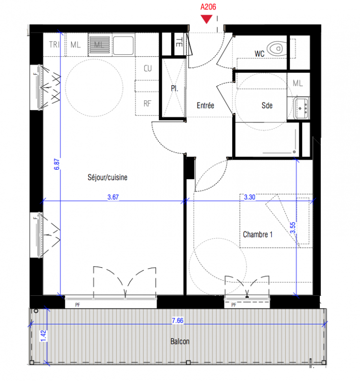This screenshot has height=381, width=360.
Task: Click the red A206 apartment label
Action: [208, 7]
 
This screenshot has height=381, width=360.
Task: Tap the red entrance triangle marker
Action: [206, 19]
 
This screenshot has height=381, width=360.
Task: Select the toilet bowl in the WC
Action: [277, 49]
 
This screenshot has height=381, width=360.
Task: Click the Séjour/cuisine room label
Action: [107, 177]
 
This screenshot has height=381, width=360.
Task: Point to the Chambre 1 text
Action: [257, 234]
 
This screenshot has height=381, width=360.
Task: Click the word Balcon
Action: [180, 341]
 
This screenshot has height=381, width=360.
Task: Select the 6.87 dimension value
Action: [56, 164]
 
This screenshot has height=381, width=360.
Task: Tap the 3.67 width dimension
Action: [113, 197]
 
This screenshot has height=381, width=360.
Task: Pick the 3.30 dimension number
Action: [249, 197]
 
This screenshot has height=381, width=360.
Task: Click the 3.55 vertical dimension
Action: [293, 228]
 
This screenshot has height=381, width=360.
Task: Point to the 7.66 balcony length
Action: [177, 321]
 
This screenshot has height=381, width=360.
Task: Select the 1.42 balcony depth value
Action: [43, 336]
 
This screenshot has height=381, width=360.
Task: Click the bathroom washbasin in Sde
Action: [301, 108]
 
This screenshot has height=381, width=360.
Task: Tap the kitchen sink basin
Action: [123, 45]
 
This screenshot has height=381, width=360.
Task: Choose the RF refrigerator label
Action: [147, 104]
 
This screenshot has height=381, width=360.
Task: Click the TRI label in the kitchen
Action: [54, 45]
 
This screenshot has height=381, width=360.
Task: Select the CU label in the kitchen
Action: [148, 68]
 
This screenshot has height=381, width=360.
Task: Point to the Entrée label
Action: [206, 105]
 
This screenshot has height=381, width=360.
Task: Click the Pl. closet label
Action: [175, 88]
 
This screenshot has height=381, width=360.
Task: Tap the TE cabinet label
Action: [179, 42]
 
